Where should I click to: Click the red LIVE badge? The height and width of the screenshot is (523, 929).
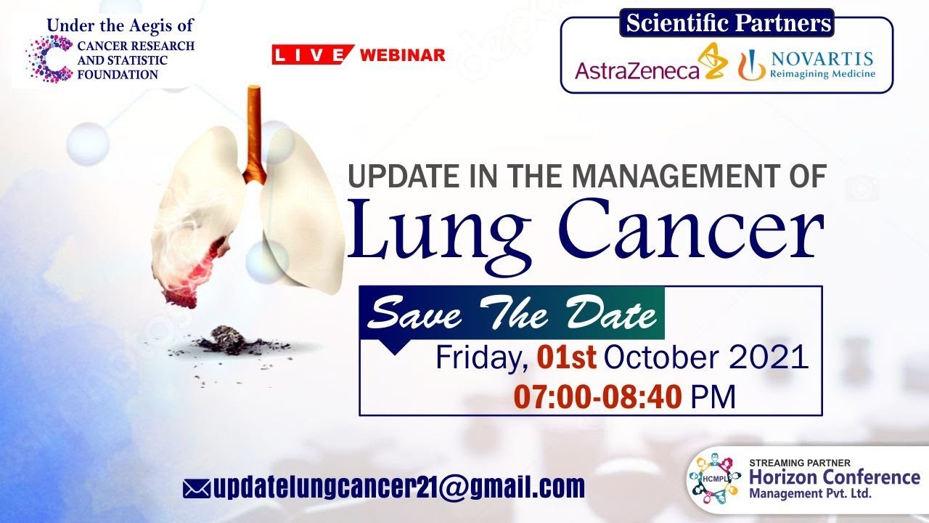(312, 54)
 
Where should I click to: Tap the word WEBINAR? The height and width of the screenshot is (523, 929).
(402, 54)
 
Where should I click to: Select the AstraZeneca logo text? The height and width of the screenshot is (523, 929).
(637, 71)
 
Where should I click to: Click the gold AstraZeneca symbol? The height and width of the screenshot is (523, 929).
(713, 61)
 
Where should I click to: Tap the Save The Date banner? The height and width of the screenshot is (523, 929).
(512, 312)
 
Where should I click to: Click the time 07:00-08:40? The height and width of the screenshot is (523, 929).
(597, 397)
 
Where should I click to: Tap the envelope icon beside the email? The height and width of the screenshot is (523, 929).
(196, 489)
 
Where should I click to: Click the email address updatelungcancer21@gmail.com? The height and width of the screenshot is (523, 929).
(399, 487)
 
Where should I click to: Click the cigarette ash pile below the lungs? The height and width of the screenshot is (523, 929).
(229, 341)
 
